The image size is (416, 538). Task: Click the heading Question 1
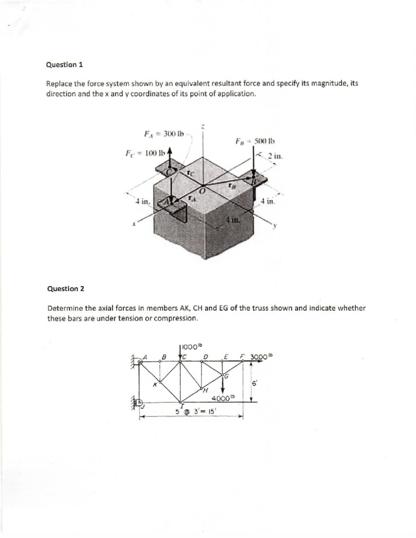click(64, 65)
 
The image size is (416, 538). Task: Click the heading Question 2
click(66, 289)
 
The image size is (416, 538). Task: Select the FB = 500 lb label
click(255, 141)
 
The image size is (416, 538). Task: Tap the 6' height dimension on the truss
click(255, 383)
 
